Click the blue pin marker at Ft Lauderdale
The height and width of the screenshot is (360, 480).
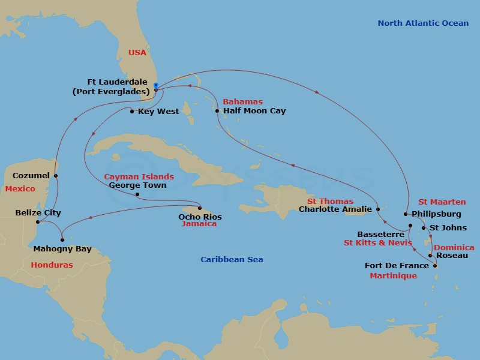tap(155, 85)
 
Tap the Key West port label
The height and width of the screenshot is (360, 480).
tap(158, 111)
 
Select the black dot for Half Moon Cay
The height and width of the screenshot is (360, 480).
tap(217, 111)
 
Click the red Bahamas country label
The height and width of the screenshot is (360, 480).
tap(242, 102)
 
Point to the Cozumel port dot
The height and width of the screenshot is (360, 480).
tap(56, 176)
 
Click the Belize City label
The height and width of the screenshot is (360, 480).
tap(38, 212)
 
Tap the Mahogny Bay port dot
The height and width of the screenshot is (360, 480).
tap(62, 240)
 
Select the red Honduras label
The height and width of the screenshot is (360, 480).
tap(52, 265)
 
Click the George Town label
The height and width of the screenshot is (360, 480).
tap(137, 185)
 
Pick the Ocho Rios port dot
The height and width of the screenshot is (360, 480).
tap(200, 209)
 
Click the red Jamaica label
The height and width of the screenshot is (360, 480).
tap(199, 224)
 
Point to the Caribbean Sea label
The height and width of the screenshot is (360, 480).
tap(232, 259)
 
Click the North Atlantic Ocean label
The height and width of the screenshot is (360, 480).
tap(423, 23)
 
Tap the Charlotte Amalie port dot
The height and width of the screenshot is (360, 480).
tap(378, 209)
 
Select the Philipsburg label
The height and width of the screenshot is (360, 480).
tap(436, 214)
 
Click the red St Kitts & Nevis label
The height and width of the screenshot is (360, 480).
tap(377, 243)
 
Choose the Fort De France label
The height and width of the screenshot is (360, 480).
tap(397, 265)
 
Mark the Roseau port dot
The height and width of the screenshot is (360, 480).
tap(430, 256)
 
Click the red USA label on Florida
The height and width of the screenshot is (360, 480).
tap(137, 53)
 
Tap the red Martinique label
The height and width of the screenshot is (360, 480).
tap(393, 275)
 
